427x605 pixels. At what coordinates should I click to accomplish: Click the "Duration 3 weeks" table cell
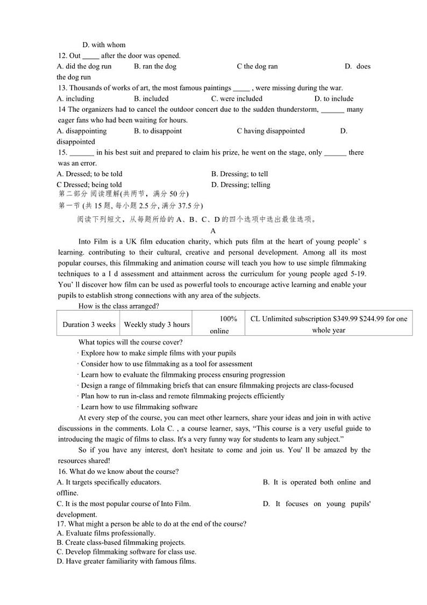89,325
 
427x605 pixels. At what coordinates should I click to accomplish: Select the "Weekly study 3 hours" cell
156,325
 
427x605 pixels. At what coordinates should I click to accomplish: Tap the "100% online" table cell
219,325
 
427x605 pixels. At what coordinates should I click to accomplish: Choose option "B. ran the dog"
155,66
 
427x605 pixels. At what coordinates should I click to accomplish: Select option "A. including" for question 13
75,99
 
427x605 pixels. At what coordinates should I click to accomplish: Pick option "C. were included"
237,99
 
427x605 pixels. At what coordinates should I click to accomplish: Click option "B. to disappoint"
158,131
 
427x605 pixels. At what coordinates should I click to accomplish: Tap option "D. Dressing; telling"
240,185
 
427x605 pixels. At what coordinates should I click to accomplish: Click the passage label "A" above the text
213,231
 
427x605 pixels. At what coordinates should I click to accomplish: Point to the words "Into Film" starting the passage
93,242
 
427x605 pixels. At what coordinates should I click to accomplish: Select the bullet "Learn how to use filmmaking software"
138,407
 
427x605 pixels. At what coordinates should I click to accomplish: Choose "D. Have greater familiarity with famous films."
126,561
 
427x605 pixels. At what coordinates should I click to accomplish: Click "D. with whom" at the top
104,45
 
